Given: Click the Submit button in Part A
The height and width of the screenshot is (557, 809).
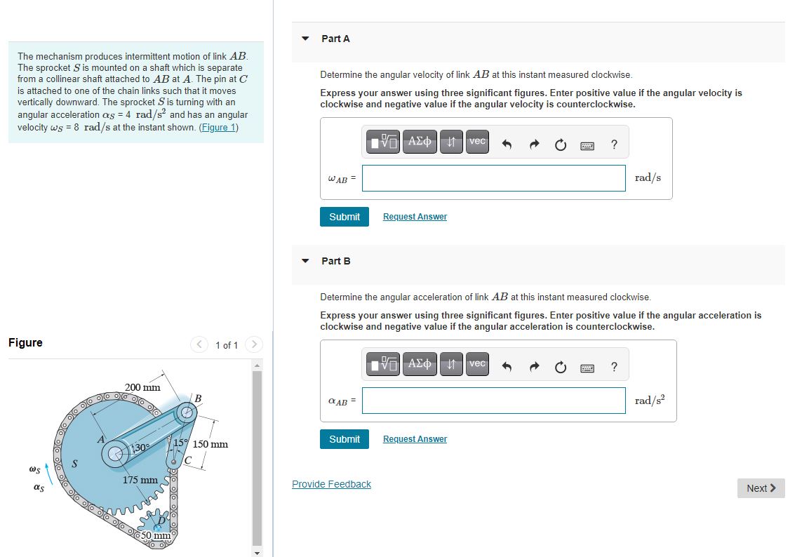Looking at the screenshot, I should pos(344,217).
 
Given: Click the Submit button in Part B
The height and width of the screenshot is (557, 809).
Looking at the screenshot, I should pos(344,439).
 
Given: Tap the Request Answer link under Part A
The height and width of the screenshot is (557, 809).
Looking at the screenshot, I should pos(415,217).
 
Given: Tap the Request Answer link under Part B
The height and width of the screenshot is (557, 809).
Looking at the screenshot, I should pos(415,439).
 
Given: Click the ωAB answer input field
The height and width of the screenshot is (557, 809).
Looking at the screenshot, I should pos(493,178).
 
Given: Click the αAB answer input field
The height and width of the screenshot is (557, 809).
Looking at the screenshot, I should pos(493,401).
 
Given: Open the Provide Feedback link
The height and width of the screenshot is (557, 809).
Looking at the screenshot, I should pos(331,484).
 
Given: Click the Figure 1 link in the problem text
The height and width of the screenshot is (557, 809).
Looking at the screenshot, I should pos(219,127).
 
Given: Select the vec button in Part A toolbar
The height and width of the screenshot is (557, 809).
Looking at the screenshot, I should pos(477,142).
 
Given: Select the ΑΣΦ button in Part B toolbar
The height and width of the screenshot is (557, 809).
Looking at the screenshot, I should pos(420,364).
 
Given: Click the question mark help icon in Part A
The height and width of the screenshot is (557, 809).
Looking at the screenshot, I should pos(614,145).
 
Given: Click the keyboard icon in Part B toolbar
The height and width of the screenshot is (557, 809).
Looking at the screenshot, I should pos(587,368).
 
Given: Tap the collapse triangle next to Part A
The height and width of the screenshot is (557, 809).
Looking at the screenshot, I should pos(305,39).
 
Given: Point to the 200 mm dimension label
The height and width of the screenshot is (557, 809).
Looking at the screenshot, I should pos(142,387).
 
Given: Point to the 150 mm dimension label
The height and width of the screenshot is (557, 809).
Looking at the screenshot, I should pos(210,444).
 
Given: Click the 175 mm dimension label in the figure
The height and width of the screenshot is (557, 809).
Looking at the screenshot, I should pos(140,480).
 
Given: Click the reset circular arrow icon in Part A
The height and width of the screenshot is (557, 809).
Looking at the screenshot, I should pos(560,145).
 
